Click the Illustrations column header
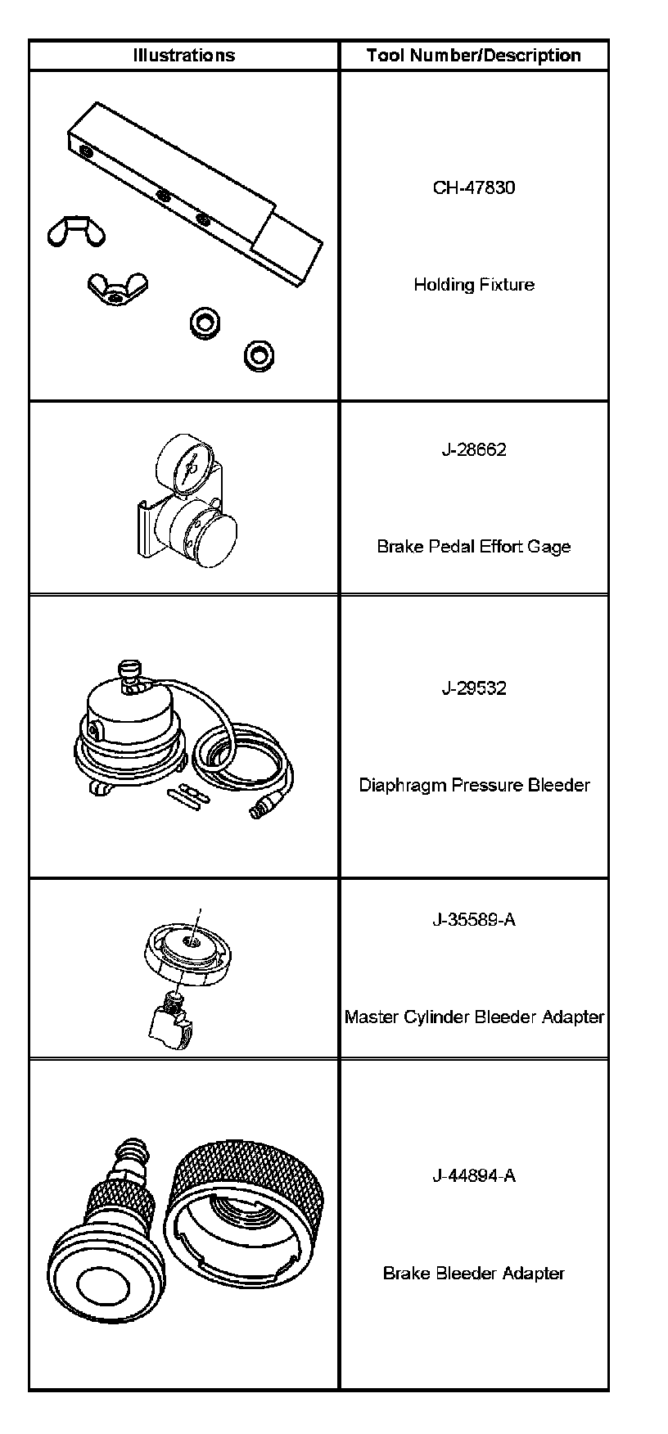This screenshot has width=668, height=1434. coord(183,56)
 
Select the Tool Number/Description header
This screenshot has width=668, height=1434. coord(474,56)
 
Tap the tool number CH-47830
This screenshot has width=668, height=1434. coord(474,187)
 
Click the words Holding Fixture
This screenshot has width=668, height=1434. coord(474,285)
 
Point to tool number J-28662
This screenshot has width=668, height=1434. coord(474,449)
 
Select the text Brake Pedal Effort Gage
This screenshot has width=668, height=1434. coord(474,546)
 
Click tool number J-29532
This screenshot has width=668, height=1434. coord(474,688)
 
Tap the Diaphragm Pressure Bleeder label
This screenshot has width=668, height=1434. coord(474,785)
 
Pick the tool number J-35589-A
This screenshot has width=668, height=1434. coord(474,919)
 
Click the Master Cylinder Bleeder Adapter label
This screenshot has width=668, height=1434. coord(474,1017)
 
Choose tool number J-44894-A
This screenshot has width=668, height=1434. coord(474,1175)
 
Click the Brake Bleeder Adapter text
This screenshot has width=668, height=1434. coord(474,1273)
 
